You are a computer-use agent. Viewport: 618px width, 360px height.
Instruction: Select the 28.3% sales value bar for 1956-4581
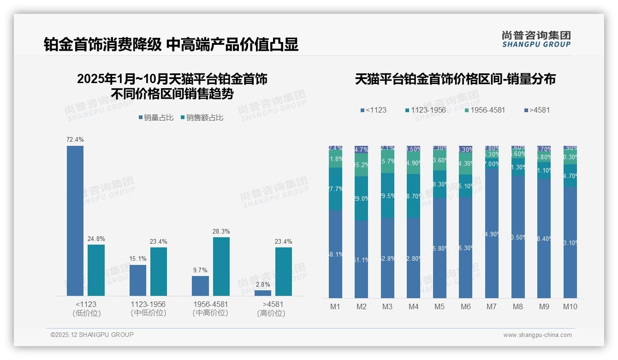221,266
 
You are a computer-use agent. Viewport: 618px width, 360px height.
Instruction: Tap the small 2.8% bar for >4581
263,293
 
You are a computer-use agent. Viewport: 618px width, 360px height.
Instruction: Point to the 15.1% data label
137,258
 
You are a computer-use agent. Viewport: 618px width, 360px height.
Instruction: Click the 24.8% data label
96,239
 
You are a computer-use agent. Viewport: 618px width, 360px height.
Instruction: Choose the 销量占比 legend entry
156,118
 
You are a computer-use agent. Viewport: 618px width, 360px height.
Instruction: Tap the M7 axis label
492,306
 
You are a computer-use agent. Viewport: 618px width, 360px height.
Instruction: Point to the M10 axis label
570,306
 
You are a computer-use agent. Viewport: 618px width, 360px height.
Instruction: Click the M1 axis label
335,306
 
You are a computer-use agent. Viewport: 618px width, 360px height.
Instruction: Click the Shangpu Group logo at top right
536,39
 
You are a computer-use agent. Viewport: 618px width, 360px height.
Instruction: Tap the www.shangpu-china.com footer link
537,335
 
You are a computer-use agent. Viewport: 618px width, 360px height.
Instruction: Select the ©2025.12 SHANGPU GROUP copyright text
92,335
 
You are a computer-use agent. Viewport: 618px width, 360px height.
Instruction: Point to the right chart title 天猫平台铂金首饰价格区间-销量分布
455,79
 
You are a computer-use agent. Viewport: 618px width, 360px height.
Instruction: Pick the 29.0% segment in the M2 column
361,198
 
